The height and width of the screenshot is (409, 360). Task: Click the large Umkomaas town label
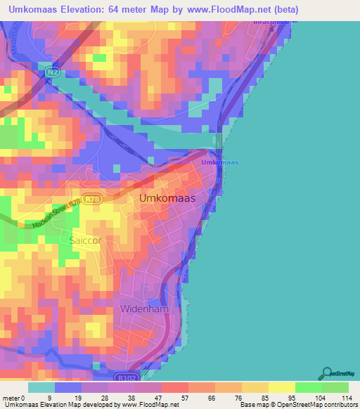click(x=167, y=199)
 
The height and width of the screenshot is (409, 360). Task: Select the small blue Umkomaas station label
click(x=220, y=162)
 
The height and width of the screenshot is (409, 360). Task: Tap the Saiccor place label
click(x=85, y=240)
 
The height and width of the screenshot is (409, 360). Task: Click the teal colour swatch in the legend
click(x=41, y=387)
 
